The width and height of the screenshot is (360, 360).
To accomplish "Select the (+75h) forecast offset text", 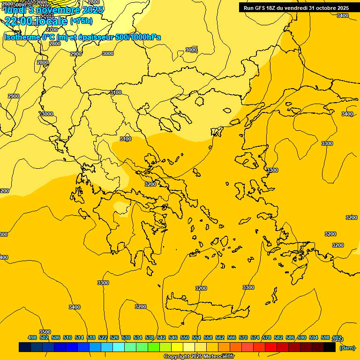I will (81, 21).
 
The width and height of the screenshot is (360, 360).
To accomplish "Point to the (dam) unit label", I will (347, 347).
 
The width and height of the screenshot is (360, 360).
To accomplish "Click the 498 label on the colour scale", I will (32, 337).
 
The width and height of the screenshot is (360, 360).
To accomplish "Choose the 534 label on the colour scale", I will (138, 337).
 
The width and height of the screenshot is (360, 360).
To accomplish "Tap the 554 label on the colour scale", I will (196, 337).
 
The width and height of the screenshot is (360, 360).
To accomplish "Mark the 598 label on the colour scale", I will (325, 337).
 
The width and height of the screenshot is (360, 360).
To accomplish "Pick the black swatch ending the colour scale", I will (330, 347).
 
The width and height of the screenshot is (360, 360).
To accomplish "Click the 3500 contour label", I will (45, 332).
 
